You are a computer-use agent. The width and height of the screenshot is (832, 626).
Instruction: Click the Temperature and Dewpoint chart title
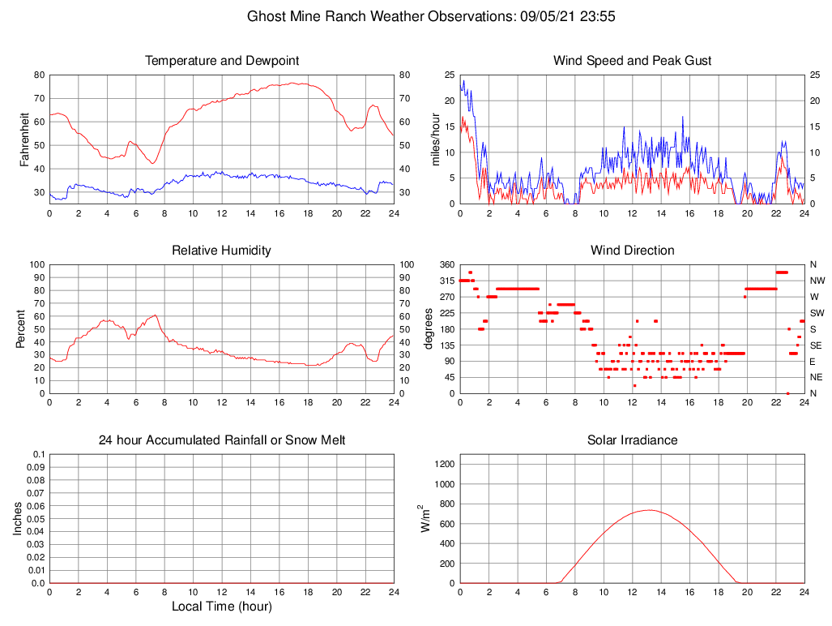[221, 61]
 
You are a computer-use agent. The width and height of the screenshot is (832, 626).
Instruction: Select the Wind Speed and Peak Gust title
[632, 61]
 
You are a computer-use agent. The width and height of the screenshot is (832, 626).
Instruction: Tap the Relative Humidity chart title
[221, 251]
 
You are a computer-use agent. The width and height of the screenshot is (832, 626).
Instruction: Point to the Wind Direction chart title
[632, 251]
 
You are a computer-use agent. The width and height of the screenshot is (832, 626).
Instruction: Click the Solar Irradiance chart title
[632, 440]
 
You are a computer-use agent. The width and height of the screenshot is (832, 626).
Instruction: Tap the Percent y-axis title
[20, 328]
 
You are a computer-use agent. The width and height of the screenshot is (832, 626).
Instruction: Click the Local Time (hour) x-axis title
[221, 607]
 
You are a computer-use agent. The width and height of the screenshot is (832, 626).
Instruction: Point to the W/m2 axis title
[425, 519]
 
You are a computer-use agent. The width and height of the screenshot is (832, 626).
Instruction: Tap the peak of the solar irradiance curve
[649, 510]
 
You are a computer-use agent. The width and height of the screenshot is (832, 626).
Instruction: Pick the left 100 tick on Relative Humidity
[35, 265]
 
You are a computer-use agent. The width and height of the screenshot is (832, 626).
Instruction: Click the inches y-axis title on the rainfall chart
[18, 519]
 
